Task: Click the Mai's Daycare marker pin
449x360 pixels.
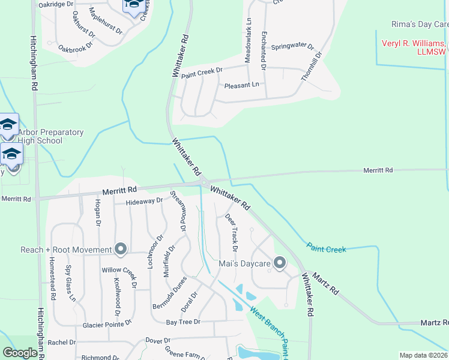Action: tap(279, 262)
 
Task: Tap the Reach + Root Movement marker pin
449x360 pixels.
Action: tap(120, 248)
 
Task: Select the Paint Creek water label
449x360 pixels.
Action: tap(326, 247)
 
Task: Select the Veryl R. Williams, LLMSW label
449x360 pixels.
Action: tap(415, 47)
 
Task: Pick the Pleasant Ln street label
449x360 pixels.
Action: tap(242, 85)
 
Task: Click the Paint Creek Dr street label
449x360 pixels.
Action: tap(202, 72)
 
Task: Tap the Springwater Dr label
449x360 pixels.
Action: tap(292, 46)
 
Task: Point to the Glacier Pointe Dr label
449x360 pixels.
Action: tap(107, 325)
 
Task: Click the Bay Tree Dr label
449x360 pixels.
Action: tap(182, 322)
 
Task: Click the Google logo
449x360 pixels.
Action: tap(20, 352)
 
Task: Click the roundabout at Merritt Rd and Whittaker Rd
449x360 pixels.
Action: tap(204, 182)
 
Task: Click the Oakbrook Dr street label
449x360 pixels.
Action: tap(76, 46)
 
